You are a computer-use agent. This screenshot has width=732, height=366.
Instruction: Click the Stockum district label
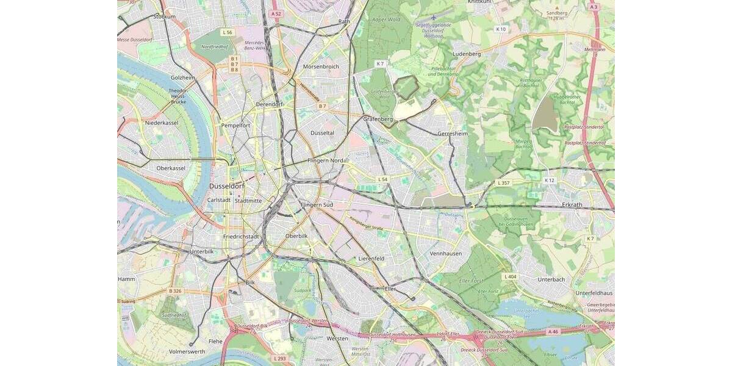[x=164, y=16]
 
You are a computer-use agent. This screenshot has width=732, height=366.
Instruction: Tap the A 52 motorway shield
[x=276, y=13]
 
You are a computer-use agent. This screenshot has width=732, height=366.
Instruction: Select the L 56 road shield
[x=227, y=32]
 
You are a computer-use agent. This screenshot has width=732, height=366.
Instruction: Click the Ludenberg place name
[x=467, y=54]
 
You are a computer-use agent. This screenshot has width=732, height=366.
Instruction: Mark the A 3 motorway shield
[x=593, y=7]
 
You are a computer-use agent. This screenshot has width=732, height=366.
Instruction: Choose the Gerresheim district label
[x=453, y=133]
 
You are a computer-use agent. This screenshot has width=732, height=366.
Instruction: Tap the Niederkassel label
[x=162, y=123]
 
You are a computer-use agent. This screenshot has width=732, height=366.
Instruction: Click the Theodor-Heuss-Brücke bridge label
[x=178, y=96]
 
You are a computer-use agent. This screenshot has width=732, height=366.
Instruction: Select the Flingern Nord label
[x=326, y=160]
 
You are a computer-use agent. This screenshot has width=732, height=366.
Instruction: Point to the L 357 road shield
[x=504, y=183]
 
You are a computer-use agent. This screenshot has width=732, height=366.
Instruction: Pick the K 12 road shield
[x=550, y=181]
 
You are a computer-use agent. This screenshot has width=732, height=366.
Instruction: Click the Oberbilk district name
[x=296, y=236]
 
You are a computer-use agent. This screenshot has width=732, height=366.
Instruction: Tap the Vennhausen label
[x=446, y=253]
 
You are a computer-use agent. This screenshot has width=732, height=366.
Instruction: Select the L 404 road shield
[x=511, y=276]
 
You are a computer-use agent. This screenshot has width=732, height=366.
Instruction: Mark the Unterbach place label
[x=551, y=279]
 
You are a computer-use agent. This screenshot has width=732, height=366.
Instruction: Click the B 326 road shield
[x=176, y=291]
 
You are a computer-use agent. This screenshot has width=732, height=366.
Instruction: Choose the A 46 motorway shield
[x=553, y=331]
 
